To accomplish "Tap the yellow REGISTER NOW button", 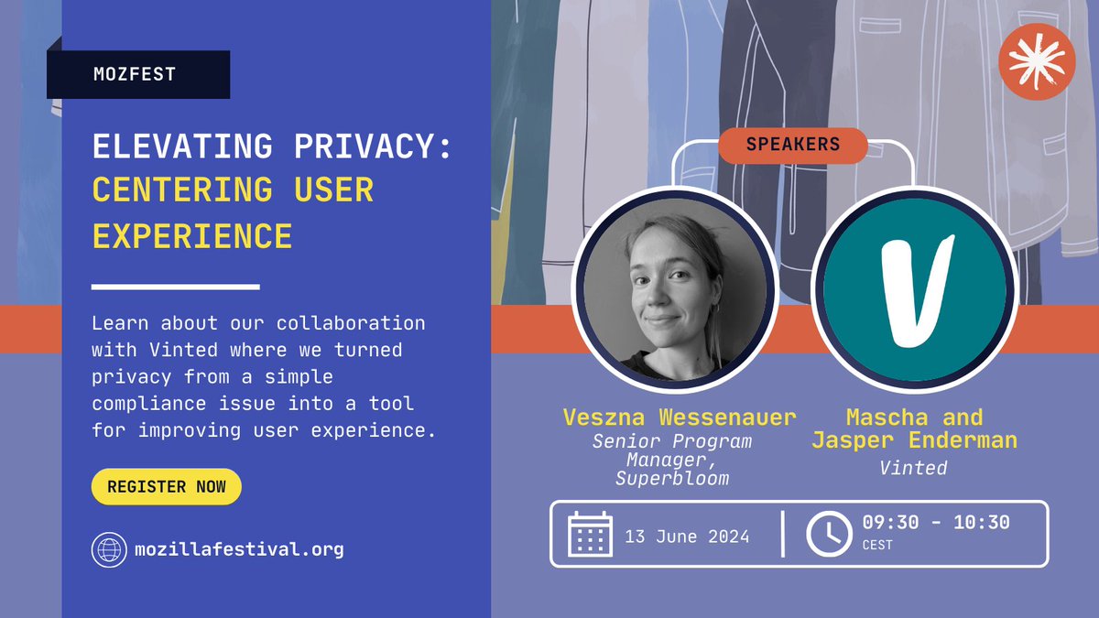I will tap(166, 487).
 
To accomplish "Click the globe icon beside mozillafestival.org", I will tap(109, 549).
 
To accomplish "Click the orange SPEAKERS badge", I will tap(792, 145).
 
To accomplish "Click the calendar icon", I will tap(590, 535).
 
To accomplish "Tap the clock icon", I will tap(828, 535).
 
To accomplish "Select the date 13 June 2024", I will tap(687, 537).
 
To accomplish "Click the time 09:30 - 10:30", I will tap(935, 523).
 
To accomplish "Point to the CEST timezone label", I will tap(878, 546).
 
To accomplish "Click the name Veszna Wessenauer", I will tap(679, 418).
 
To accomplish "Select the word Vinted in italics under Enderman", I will tap(913, 468).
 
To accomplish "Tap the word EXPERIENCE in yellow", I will tap(192, 235).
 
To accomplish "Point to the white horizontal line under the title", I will tap(176, 287).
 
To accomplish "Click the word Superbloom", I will tap(672, 479).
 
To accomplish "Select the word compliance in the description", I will tap(147, 403).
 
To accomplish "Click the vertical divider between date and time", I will tap(783, 535).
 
